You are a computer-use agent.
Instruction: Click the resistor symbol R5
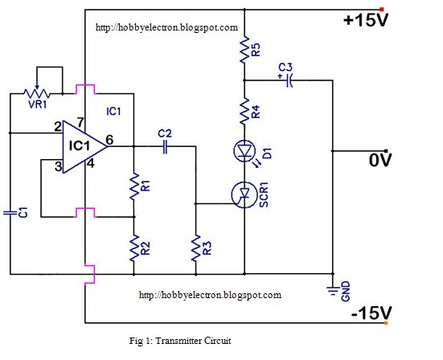[244, 51]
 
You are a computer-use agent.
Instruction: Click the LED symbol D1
[244, 151]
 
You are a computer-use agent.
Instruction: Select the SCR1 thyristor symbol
[244, 194]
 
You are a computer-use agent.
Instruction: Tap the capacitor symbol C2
[165, 146]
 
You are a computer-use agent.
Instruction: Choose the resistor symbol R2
[133, 248]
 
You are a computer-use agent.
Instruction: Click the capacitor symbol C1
[10, 212]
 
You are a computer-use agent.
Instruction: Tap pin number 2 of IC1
[58, 126]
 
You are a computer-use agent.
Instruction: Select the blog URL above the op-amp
[166, 27]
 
